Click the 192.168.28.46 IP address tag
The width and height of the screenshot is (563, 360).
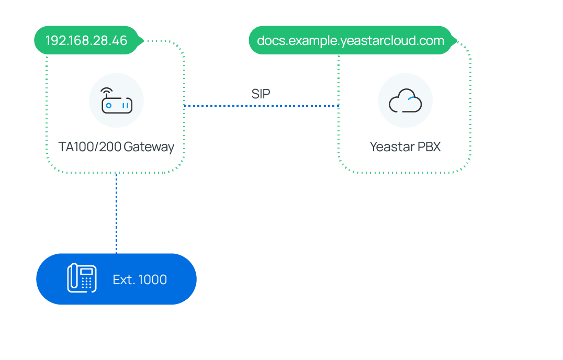86,41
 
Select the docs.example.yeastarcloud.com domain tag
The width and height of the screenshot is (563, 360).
350,41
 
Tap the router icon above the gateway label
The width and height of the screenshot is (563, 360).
116,100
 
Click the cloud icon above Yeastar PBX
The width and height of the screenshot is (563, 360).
405,102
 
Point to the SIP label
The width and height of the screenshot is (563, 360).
261,94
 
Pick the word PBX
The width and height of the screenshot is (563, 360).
429,147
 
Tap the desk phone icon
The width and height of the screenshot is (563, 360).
82,278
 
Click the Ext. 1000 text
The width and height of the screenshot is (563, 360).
140,280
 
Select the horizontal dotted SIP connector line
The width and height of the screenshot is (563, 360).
262,106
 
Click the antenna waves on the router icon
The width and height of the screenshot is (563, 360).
107,92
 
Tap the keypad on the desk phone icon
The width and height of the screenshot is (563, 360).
86,283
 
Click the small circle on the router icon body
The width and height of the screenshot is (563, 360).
109,106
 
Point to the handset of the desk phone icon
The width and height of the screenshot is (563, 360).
74,278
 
